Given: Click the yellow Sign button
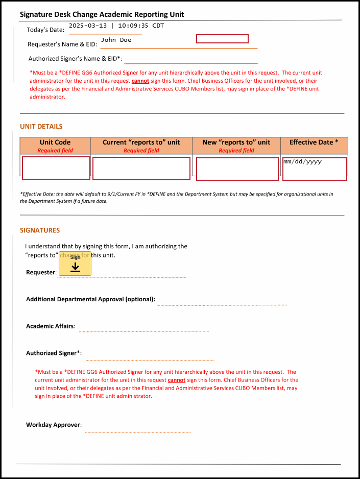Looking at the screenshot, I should click(75, 264).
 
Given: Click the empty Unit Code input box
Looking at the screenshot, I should click(56, 168).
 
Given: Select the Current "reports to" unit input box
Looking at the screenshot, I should click(141, 169).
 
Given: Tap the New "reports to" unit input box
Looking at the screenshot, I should click(237, 169).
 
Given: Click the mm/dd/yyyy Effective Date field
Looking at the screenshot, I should click(315, 169).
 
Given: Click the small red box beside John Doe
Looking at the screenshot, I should click(222, 39).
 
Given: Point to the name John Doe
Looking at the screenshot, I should click(116, 40).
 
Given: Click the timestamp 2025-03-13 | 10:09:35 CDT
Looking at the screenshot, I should click(116, 25).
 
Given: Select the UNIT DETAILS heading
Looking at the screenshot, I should click(41, 127).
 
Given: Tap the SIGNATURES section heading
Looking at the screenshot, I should click(40, 230).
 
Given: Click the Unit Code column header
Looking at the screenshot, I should click(55, 142).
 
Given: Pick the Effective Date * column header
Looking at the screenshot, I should click(314, 142).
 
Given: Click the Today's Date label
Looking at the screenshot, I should click(46, 30).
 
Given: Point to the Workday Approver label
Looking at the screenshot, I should click(54, 425).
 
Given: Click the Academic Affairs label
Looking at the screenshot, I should click(51, 326).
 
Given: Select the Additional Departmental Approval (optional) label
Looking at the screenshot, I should click(90, 299).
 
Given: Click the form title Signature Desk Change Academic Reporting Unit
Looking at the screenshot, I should click(102, 14).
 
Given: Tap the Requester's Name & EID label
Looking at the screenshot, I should click(62, 44).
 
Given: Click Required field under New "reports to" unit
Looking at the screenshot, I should click(236, 151).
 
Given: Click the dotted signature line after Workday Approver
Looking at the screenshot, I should click(138, 432).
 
